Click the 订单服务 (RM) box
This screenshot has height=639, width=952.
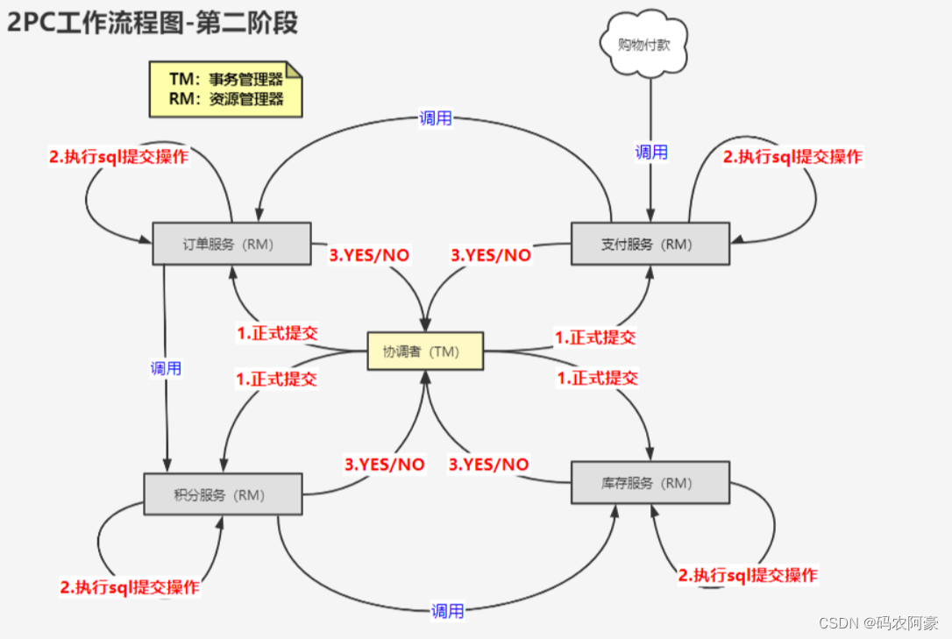pyautogui.click(x=231, y=244)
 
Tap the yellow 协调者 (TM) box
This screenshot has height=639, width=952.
pyautogui.click(x=424, y=351)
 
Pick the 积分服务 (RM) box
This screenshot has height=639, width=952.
pyautogui.click(x=223, y=494)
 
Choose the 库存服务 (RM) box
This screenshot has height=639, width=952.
pyautogui.click(x=650, y=483)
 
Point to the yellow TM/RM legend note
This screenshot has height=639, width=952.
pyautogui.click(x=225, y=89)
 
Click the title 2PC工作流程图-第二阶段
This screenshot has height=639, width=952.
pyautogui.click(x=153, y=23)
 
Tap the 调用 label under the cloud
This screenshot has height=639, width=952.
pyautogui.click(x=651, y=152)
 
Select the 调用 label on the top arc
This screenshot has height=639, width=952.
pyautogui.click(x=435, y=118)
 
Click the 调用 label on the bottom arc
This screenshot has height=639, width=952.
pyautogui.click(x=447, y=611)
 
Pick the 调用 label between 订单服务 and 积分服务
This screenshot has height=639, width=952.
pyautogui.click(x=166, y=368)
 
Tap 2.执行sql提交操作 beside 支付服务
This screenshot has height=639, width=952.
pyautogui.click(x=792, y=157)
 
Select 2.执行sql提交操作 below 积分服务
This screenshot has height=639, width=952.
pyautogui.click(x=130, y=587)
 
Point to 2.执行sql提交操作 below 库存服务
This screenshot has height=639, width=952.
pyautogui.click(x=748, y=575)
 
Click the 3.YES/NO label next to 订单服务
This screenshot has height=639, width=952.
pyautogui.click(x=369, y=255)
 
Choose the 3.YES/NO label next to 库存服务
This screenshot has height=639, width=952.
pyautogui.click(x=489, y=464)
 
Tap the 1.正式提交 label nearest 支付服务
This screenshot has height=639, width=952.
pyautogui.click(x=595, y=337)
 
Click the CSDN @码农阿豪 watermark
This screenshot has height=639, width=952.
pyautogui.click(x=877, y=622)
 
